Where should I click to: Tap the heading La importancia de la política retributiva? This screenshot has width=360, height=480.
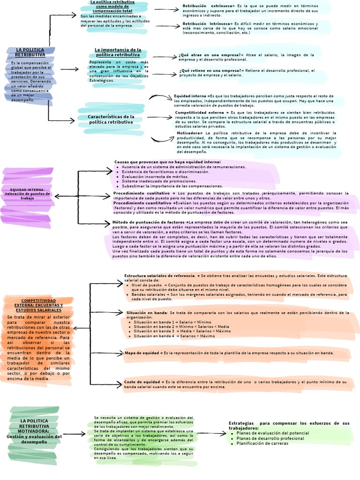118,52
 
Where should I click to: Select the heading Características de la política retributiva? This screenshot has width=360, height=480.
111,119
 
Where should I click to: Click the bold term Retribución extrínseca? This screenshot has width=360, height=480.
202,6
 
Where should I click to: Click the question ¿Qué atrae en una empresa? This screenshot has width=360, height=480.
210,55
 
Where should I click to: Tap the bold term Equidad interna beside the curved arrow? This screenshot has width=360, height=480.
190,96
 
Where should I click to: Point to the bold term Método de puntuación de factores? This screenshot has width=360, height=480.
149,222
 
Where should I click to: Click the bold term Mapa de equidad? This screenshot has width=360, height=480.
142,352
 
